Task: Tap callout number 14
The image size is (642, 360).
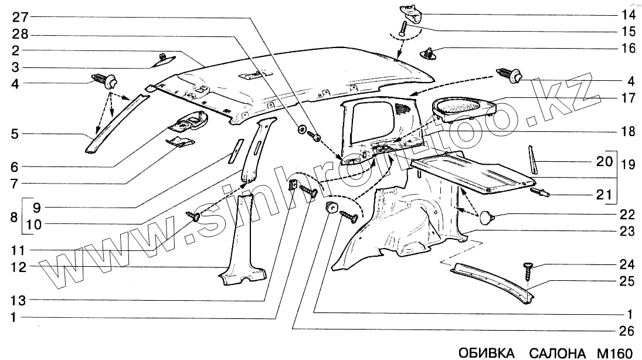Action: point(627,14)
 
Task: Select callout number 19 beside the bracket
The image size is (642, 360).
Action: point(628,165)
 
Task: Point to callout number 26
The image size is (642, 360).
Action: point(627,331)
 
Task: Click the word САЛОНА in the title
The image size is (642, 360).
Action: point(557,352)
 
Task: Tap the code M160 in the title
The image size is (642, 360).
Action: point(615,352)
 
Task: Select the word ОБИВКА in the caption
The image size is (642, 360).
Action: point(486,352)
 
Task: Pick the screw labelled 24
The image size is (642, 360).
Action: point(528,273)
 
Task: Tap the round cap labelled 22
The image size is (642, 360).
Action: point(487,218)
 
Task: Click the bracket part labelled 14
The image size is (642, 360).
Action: point(411,12)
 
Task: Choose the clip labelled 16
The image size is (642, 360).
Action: point(430,55)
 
